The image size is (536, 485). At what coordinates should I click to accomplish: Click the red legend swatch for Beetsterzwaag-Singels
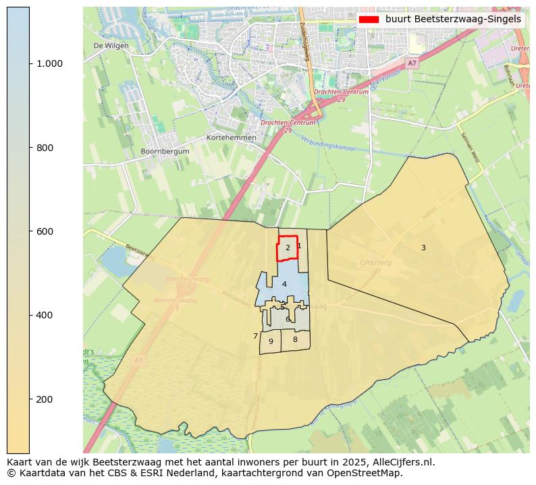[369, 20]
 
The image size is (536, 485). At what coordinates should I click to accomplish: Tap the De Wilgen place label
[111, 46]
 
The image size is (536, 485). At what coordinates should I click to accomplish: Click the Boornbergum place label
[165, 152]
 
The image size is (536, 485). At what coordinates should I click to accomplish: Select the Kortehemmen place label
[232, 138]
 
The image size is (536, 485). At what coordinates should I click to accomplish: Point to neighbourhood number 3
[423, 248]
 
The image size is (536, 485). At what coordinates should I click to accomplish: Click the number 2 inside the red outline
[288, 248]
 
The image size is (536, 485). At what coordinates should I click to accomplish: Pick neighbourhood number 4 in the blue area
[284, 285]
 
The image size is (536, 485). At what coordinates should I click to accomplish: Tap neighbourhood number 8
[295, 339]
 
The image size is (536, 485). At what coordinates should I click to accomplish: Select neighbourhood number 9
[271, 341]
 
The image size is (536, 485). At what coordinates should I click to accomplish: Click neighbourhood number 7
[255, 336]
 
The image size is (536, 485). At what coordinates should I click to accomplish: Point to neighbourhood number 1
[299, 246]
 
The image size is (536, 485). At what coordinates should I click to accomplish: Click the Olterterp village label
[377, 262]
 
